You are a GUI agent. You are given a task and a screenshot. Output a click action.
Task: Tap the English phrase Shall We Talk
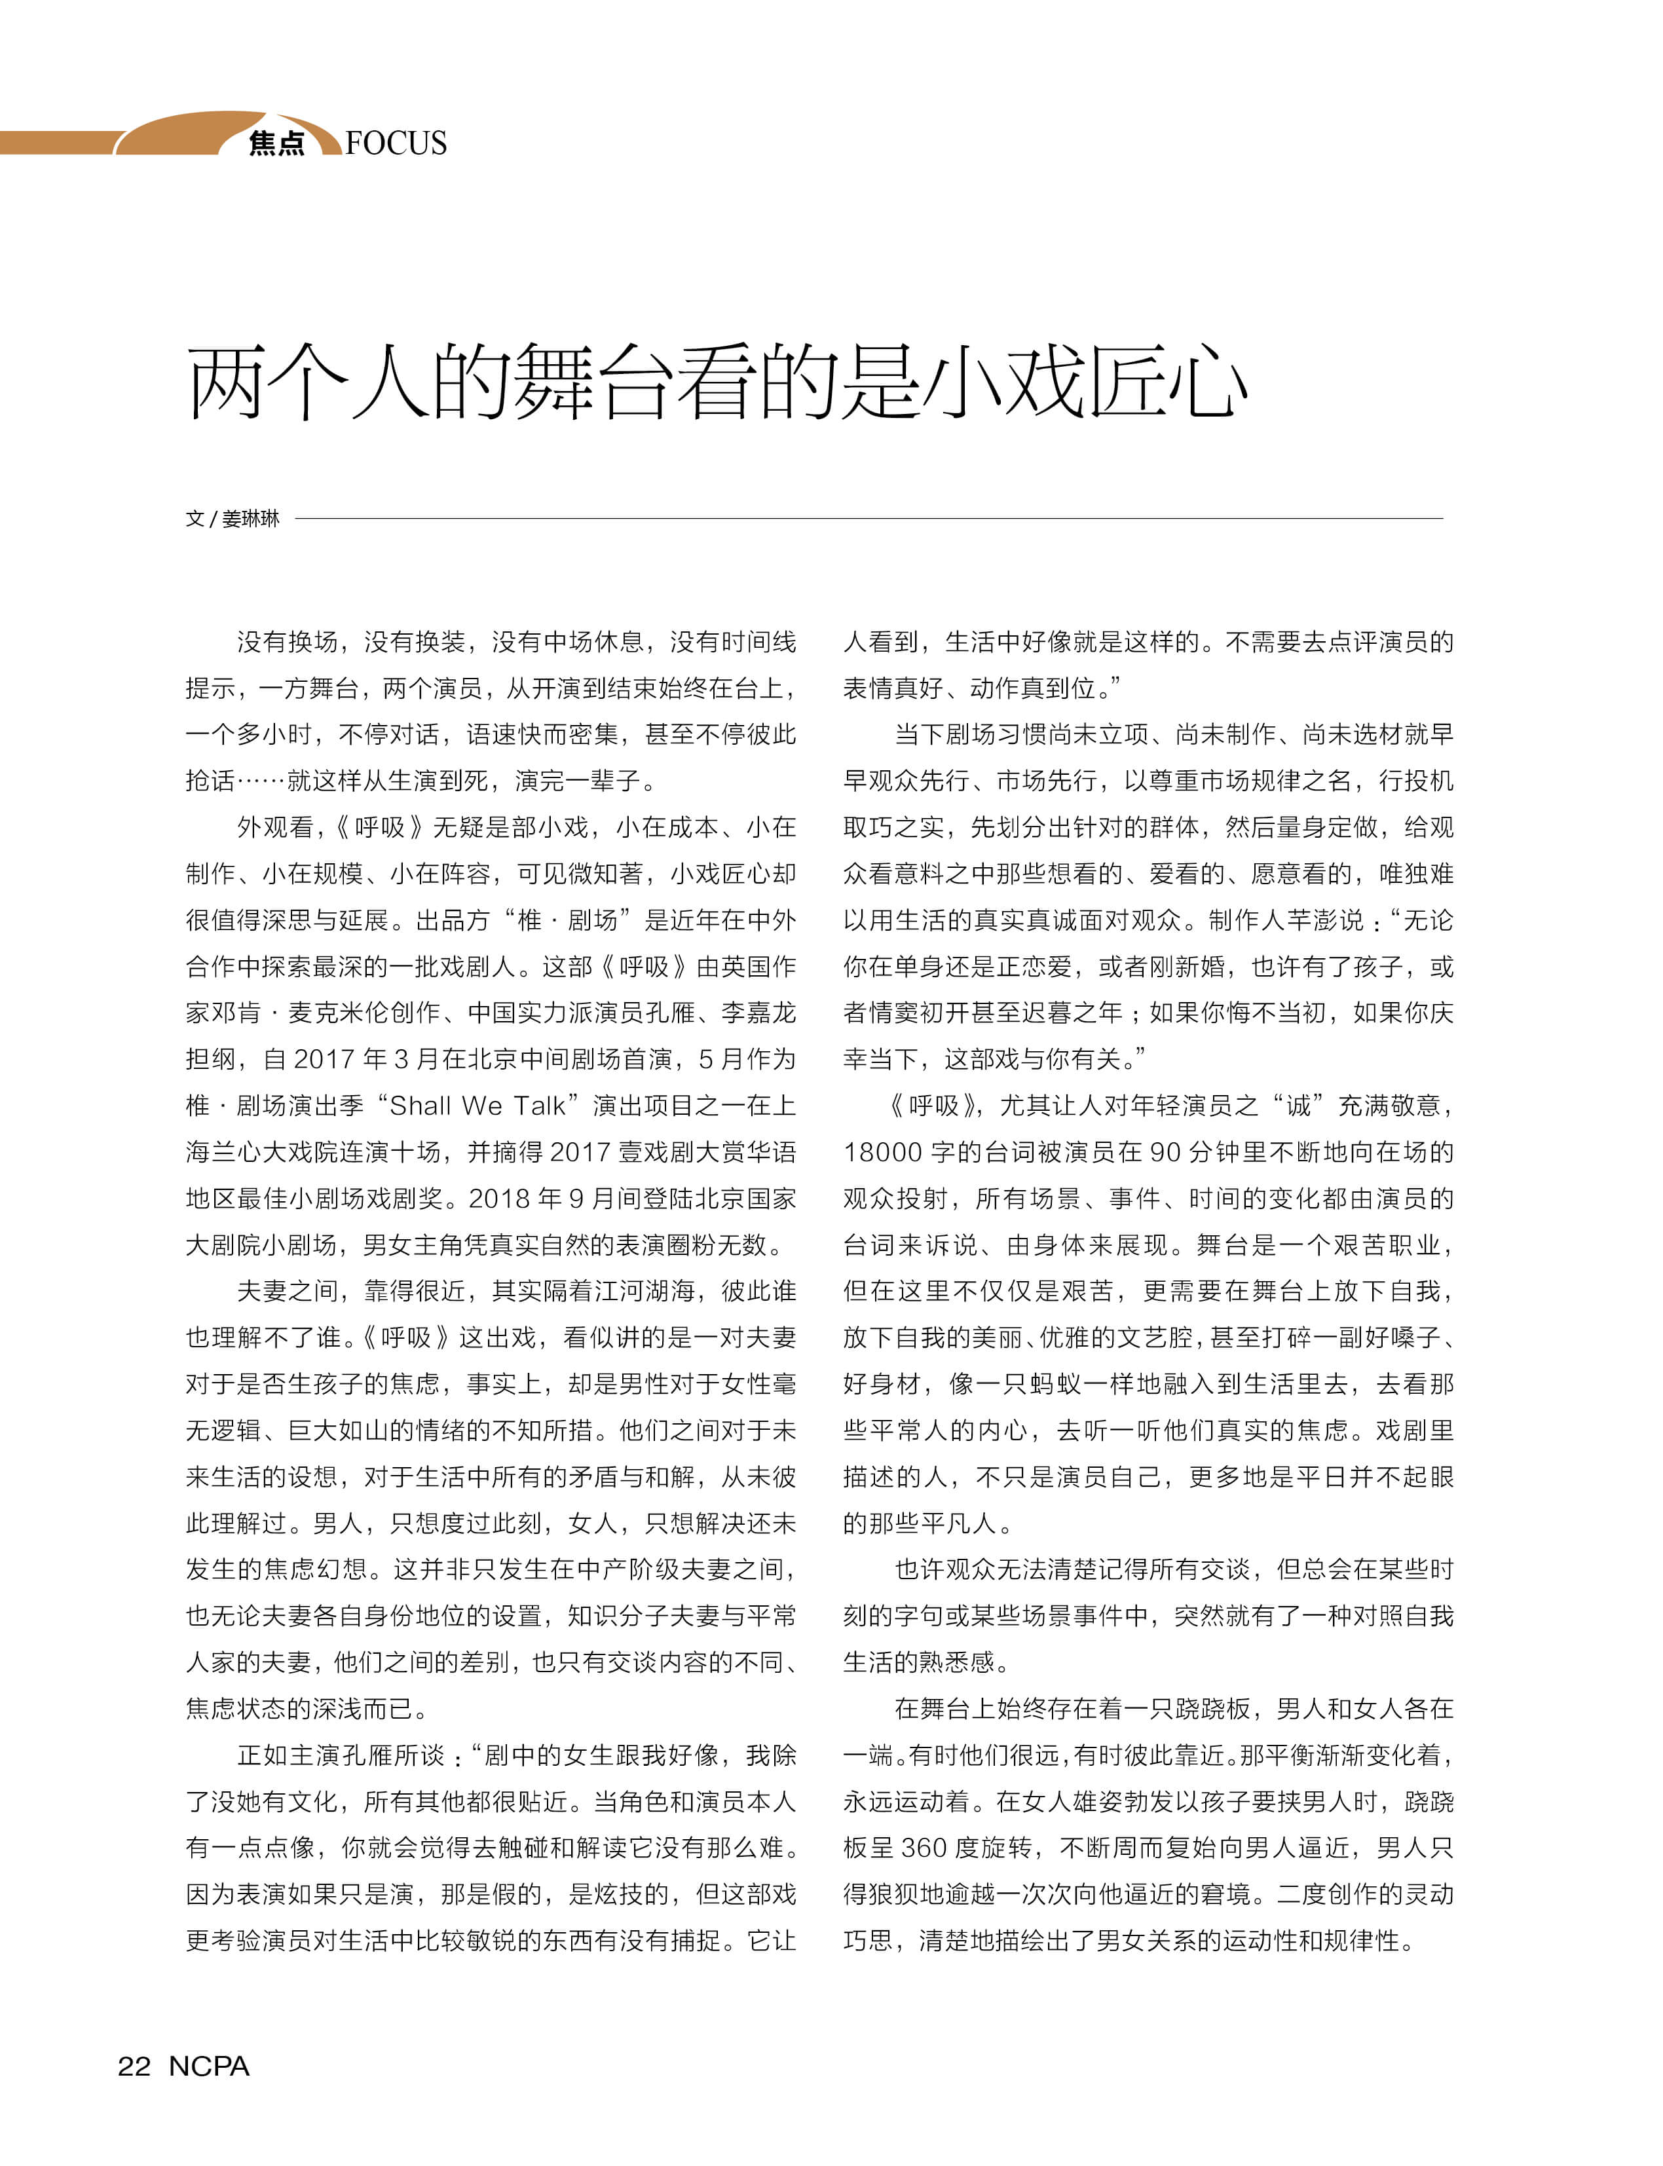(477, 1106)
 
